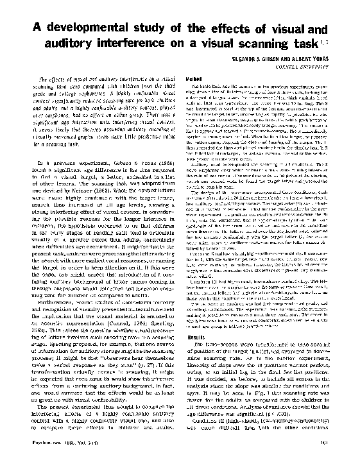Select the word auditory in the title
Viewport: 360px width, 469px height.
click(x=78, y=46)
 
